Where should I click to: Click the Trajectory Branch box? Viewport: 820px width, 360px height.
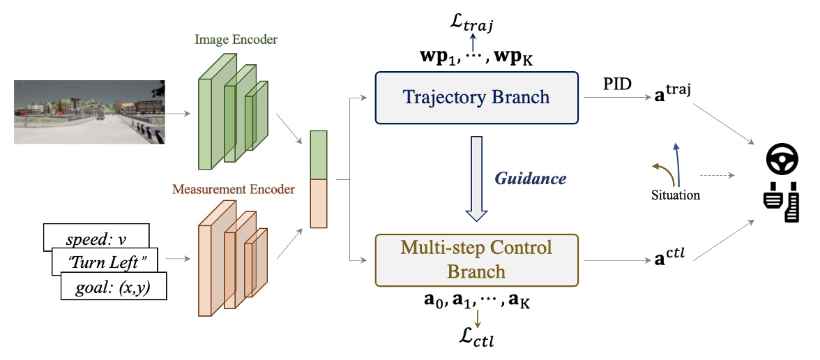coord(475,97)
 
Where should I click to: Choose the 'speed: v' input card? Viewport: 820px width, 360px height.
coord(95,238)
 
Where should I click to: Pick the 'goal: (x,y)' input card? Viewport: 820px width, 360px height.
coord(114,286)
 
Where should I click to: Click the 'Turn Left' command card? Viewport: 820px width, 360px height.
coord(105,262)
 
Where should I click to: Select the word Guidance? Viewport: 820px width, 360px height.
coord(531,179)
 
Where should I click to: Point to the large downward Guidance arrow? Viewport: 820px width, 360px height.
coord(476,179)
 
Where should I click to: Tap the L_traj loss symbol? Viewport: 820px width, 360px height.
coord(473,26)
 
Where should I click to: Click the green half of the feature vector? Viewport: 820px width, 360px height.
coord(318,155)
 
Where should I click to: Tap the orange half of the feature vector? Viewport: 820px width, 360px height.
coord(318,203)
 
